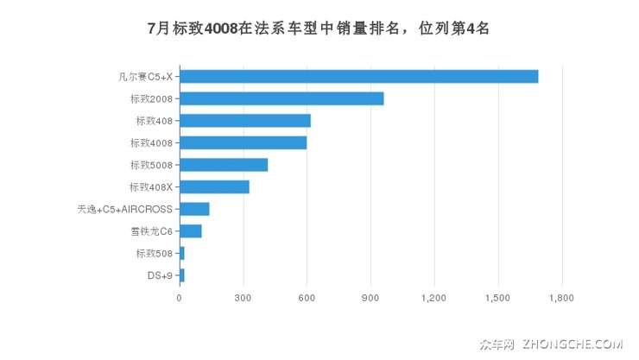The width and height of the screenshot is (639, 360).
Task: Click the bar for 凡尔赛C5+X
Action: [358, 76]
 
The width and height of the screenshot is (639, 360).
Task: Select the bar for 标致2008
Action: [282, 98]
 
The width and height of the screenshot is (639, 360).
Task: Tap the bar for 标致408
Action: [244, 121]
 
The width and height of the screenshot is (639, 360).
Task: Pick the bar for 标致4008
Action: [243, 142]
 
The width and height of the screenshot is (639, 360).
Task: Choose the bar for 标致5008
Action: [224, 165]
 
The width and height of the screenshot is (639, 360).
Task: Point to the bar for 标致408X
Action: [214, 186]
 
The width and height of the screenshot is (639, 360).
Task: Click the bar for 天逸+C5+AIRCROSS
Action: [194, 209]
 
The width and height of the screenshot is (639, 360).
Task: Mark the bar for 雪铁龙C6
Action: [190, 231]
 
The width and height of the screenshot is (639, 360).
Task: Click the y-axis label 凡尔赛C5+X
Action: [145, 76]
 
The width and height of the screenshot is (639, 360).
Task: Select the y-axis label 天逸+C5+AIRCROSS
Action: [125, 209]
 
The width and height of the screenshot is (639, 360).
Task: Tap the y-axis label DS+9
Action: [160, 275]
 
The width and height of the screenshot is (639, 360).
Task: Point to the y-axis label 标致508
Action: [155, 253]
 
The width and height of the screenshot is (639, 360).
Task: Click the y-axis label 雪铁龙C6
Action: [151, 231]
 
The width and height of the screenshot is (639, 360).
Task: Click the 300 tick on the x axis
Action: [243, 299]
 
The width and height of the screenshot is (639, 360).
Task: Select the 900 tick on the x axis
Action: [370, 299]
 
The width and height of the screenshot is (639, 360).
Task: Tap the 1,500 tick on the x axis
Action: [498, 299]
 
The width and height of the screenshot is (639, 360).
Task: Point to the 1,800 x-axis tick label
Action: [562, 299]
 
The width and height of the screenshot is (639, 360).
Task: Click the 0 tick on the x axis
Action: [179, 299]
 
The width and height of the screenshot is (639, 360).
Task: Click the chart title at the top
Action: [319, 28]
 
